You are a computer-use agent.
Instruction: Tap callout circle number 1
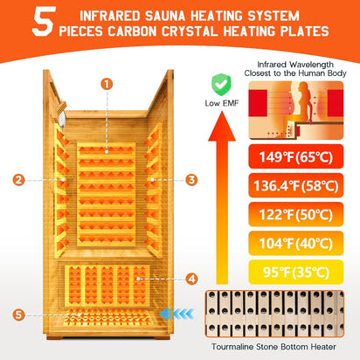click(106, 84)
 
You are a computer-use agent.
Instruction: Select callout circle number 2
click(18, 180)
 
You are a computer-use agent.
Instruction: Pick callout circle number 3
click(191, 180)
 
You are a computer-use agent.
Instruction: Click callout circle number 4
click(192, 280)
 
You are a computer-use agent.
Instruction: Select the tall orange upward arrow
click(220, 210)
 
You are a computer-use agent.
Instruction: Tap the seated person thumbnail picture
click(298, 110)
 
